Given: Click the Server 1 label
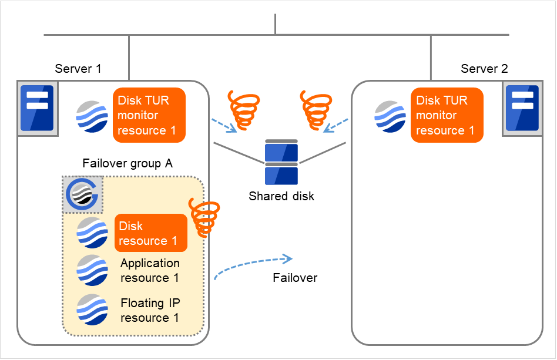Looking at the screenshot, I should (78, 69).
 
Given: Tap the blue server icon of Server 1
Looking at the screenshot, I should (36, 108).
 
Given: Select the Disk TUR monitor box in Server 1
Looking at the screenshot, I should (149, 115).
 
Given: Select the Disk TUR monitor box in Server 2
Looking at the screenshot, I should (447, 115).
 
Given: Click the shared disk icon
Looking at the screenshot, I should (281, 162).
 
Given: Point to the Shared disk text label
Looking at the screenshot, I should (281, 196).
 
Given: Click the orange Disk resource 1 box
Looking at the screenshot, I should (150, 233).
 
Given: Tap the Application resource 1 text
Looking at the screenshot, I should (150, 270).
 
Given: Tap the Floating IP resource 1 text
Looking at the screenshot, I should (150, 310).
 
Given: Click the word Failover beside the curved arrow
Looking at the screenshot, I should (295, 278).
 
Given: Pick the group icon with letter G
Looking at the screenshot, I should (82, 194).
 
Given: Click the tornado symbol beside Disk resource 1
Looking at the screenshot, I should (204, 218).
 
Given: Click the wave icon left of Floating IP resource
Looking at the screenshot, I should (92, 310).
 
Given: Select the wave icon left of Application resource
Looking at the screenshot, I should (92, 271).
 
